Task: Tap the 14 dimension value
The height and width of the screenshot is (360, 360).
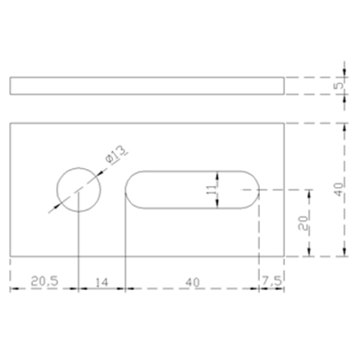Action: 102,282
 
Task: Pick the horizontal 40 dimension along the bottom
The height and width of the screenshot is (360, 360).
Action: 192,282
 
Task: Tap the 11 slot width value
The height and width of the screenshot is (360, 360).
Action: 211,189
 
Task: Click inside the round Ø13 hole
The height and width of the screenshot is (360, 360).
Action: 79,189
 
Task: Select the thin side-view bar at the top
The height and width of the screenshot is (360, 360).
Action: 147,86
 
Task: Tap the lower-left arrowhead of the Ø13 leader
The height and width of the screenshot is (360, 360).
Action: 57,206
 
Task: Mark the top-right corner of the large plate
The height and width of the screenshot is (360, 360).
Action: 284,123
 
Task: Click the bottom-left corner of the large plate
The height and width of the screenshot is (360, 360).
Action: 10,256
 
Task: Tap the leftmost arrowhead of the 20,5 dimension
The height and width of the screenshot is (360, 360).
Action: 13,288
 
